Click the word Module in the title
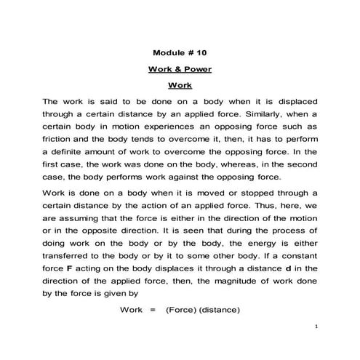click(x=170, y=54)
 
